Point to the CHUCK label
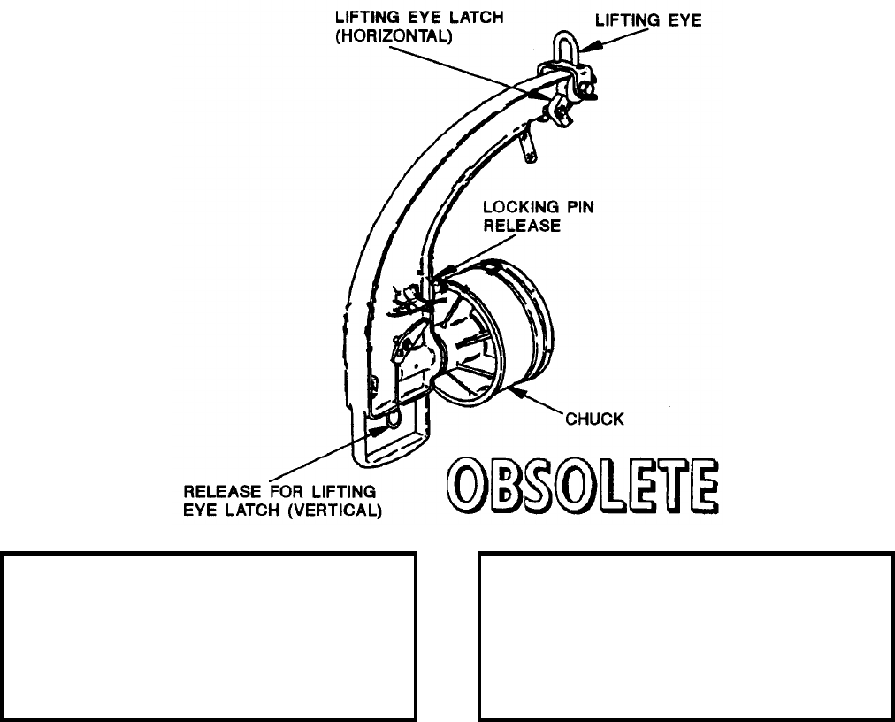click(x=594, y=419)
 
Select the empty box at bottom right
click(x=685, y=636)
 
